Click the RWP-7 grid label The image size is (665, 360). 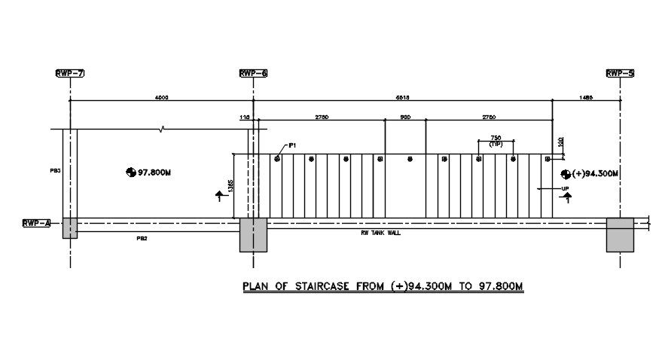click(x=69, y=73)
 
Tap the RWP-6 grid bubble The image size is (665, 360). click(x=253, y=73)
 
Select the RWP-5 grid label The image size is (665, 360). click(x=620, y=73)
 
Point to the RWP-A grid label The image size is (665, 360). click(x=37, y=223)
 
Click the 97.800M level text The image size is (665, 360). click(x=155, y=172)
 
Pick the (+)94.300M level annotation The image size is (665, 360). click(x=595, y=173)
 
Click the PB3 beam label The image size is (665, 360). click(x=55, y=171)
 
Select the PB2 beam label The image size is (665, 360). click(x=142, y=238)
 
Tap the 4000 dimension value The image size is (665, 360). click(x=161, y=97)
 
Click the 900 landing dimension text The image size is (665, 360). click(x=405, y=117)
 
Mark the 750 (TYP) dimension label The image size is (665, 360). click(x=496, y=140)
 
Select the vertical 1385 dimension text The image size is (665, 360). click(x=230, y=185)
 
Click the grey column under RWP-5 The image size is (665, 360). click(x=620, y=234)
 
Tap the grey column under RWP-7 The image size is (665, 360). click(x=69, y=227)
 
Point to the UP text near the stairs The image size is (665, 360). click(x=565, y=188)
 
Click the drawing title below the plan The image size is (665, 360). click(x=382, y=286)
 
